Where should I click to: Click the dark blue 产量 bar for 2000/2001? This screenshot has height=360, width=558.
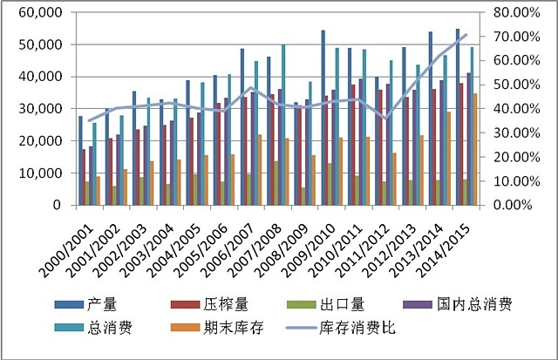81,160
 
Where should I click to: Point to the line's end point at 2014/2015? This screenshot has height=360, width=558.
466,35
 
